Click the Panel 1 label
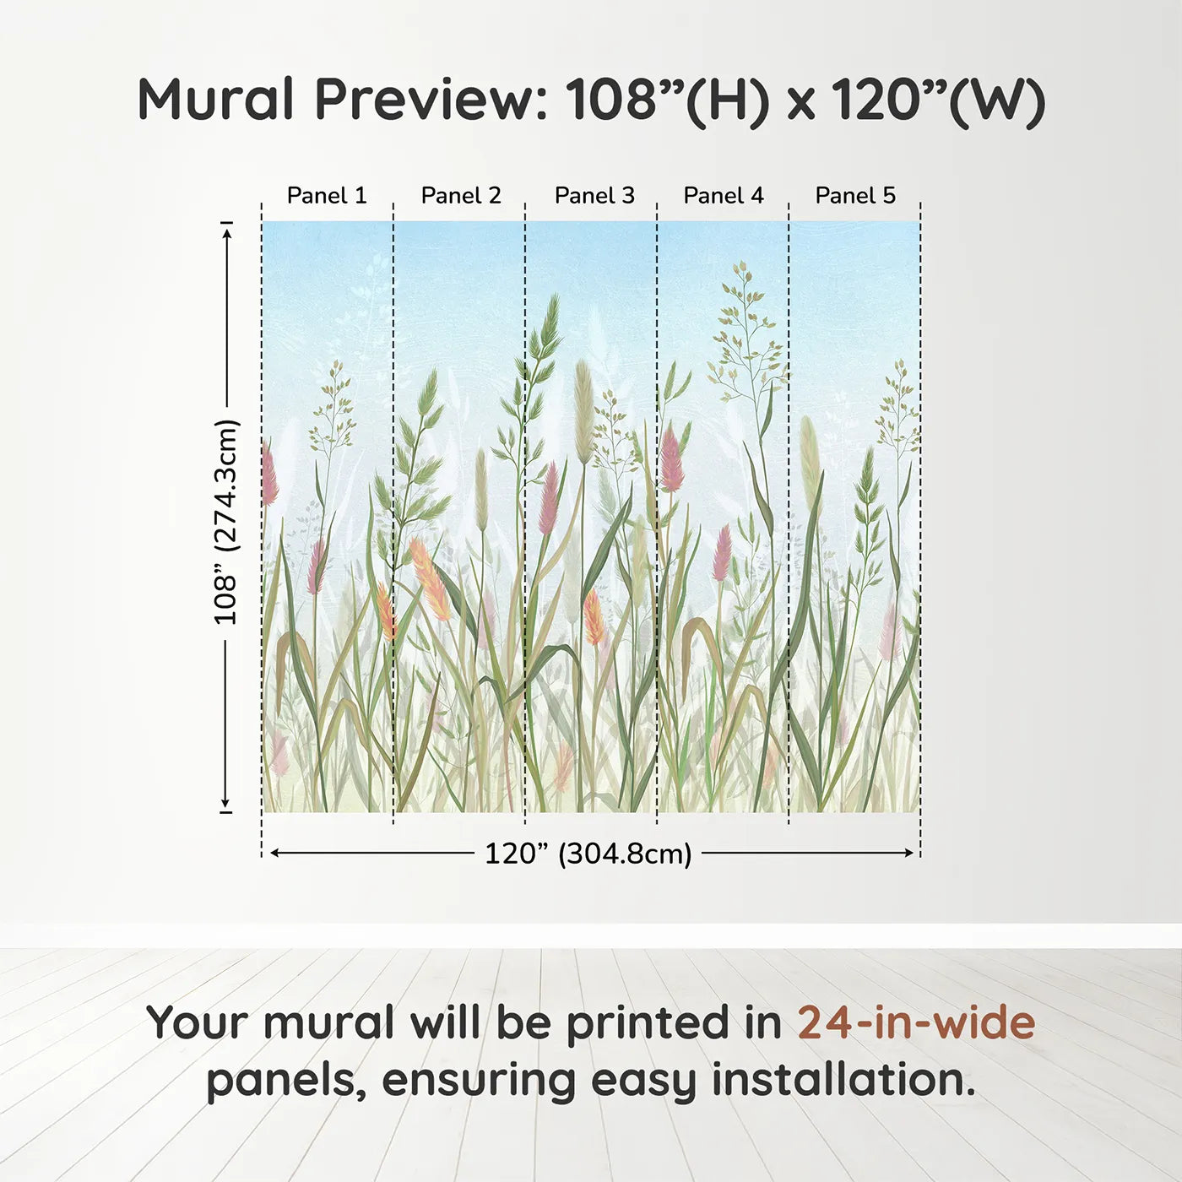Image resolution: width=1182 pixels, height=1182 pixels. pyautogui.click(x=327, y=196)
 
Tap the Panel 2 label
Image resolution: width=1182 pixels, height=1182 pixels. pyautogui.click(x=461, y=196)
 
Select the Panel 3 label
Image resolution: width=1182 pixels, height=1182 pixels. pyautogui.click(x=594, y=196)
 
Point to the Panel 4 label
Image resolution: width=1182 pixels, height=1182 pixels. pyautogui.click(x=724, y=196)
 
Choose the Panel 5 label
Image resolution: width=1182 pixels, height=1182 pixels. pyautogui.click(x=855, y=196)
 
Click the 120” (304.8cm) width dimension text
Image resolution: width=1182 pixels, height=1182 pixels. pyautogui.click(x=588, y=854)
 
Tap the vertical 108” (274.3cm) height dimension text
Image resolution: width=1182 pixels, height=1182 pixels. pyautogui.click(x=225, y=522)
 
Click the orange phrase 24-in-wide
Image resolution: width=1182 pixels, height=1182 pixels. pyautogui.click(x=916, y=1022)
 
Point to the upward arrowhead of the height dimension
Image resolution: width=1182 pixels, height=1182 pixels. pyautogui.click(x=227, y=235)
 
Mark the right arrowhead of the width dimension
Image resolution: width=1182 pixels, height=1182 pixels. pyautogui.click(x=908, y=853)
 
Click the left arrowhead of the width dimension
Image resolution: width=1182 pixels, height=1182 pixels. pyautogui.click(x=276, y=853)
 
